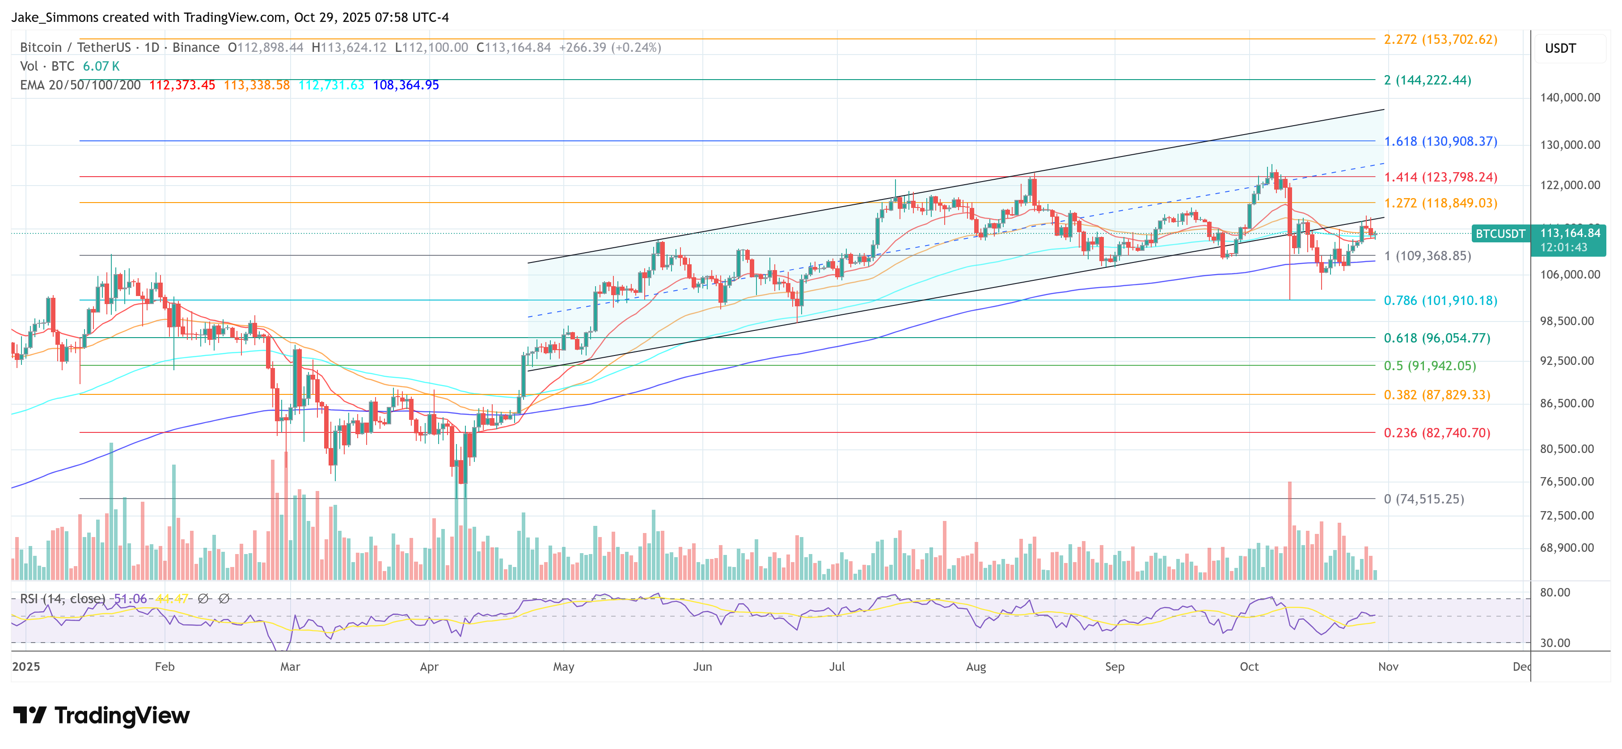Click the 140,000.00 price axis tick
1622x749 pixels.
point(1569,97)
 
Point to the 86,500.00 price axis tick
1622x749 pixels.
point(1567,403)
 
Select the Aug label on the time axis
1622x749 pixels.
point(976,666)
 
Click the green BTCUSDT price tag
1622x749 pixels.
point(1500,234)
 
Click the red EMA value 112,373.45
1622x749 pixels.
point(182,85)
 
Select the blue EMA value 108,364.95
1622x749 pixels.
point(405,85)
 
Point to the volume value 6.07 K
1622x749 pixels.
point(101,66)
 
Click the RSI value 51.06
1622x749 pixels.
point(130,598)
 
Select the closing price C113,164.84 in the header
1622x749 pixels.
point(513,47)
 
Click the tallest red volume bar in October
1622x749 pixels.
point(1289,529)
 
